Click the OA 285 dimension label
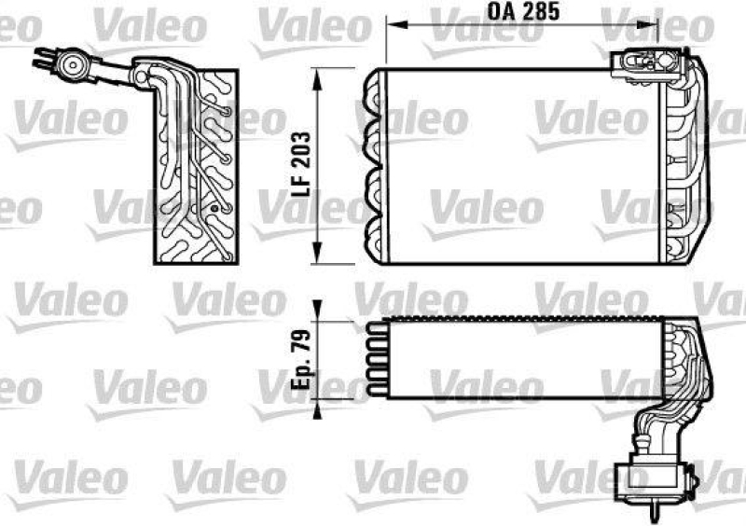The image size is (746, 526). pyautogui.click(x=518, y=13)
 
